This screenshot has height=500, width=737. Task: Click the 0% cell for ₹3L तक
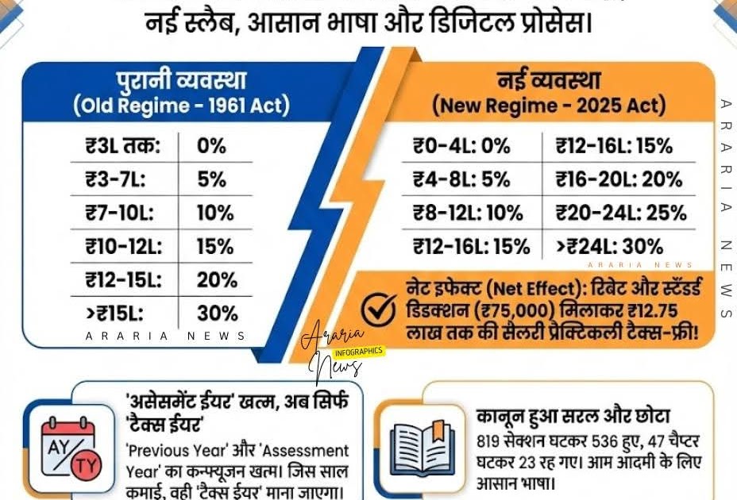pyautogui.click(x=211, y=146)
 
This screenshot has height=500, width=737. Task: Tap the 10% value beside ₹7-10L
pyautogui.click(x=215, y=213)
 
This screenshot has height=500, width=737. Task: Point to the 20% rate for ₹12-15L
pyautogui.click(x=217, y=279)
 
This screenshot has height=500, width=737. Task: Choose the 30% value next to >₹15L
pyautogui.click(x=217, y=313)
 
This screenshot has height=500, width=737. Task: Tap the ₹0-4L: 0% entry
pyautogui.click(x=461, y=146)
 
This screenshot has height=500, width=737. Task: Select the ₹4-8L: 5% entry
pyautogui.click(x=461, y=179)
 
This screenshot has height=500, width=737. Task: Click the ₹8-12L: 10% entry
pyautogui.click(x=468, y=213)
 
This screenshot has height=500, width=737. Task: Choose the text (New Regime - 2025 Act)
pyautogui.click(x=548, y=105)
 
